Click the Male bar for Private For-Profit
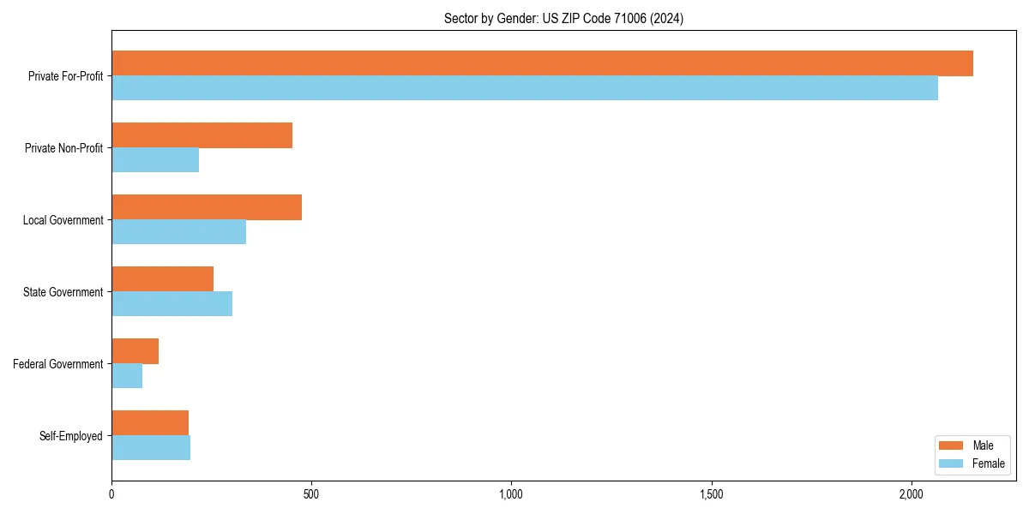click(x=542, y=63)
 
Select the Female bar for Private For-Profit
click(x=525, y=88)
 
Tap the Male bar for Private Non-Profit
click(x=202, y=135)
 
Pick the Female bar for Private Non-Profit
click(x=155, y=160)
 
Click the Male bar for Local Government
click(x=207, y=207)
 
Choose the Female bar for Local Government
click(x=179, y=232)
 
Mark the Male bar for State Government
click(x=163, y=279)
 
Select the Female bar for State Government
click(x=172, y=304)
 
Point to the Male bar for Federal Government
click(x=135, y=351)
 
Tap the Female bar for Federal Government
click(x=127, y=376)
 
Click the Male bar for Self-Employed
click(x=150, y=423)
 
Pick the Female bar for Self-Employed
click(x=151, y=448)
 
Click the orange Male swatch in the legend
click(x=952, y=445)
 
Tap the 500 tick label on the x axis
click(x=311, y=494)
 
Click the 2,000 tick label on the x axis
click(x=911, y=494)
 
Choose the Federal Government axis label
click(x=58, y=364)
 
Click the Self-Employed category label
click(x=71, y=436)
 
